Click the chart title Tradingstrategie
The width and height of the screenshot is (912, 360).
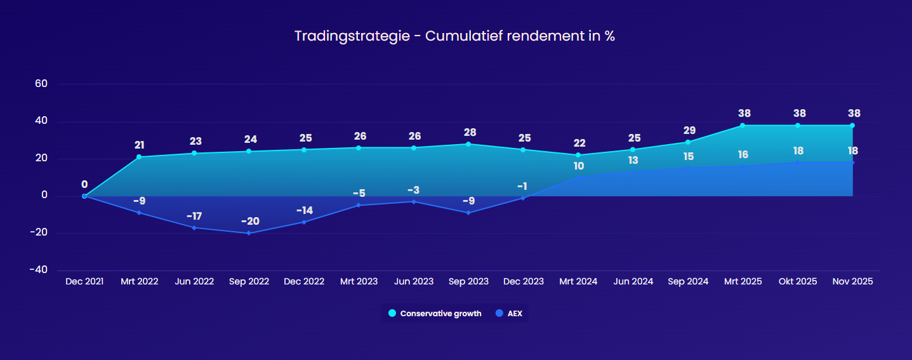click(454, 36)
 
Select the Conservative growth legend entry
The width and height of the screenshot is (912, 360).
click(435, 314)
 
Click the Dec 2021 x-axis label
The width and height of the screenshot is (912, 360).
click(84, 281)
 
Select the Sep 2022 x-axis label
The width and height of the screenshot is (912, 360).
click(249, 281)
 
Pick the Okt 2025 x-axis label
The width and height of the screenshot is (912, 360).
click(798, 281)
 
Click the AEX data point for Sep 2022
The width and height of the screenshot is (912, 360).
click(249, 233)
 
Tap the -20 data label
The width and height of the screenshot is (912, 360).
click(249, 221)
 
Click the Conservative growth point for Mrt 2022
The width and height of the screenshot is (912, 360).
click(139, 157)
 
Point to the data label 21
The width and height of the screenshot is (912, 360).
click(139, 145)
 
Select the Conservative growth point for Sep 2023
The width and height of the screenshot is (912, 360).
click(468, 144)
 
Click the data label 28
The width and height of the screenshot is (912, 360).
click(468, 132)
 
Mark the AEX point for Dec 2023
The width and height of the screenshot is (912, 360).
click(523, 198)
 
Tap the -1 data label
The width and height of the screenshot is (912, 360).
click(522, 186)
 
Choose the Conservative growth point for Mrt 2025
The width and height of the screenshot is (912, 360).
click(743, 125)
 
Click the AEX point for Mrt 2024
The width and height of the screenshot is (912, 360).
click(578, 177)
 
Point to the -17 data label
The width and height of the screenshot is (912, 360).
click(194, 216)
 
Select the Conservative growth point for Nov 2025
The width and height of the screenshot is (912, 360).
click(852, 125)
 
